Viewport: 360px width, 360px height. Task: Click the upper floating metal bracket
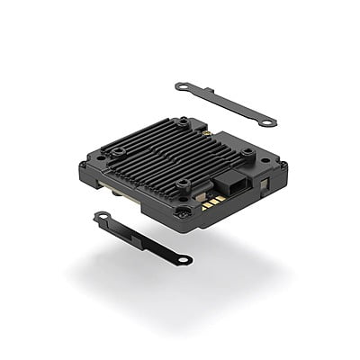[x=225, y=103]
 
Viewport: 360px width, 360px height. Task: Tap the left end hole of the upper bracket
[x=183, y=86]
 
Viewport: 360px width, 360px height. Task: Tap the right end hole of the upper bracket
[x=268, y=121]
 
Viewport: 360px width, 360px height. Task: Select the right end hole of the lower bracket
[x=184, y=260]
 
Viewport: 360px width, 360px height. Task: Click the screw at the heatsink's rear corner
[x=184, y=121]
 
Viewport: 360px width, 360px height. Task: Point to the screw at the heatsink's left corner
[x=116, y=153]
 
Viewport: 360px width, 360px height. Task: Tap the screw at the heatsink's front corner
[x=184, y=185]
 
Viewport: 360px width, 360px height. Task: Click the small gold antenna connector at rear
[x=207, y=132]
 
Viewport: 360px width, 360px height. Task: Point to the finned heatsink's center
[x=180, y=153]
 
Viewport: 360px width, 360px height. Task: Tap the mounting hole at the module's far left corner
[x=83, y=166]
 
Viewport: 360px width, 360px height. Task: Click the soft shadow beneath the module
[x=180, y=279]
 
